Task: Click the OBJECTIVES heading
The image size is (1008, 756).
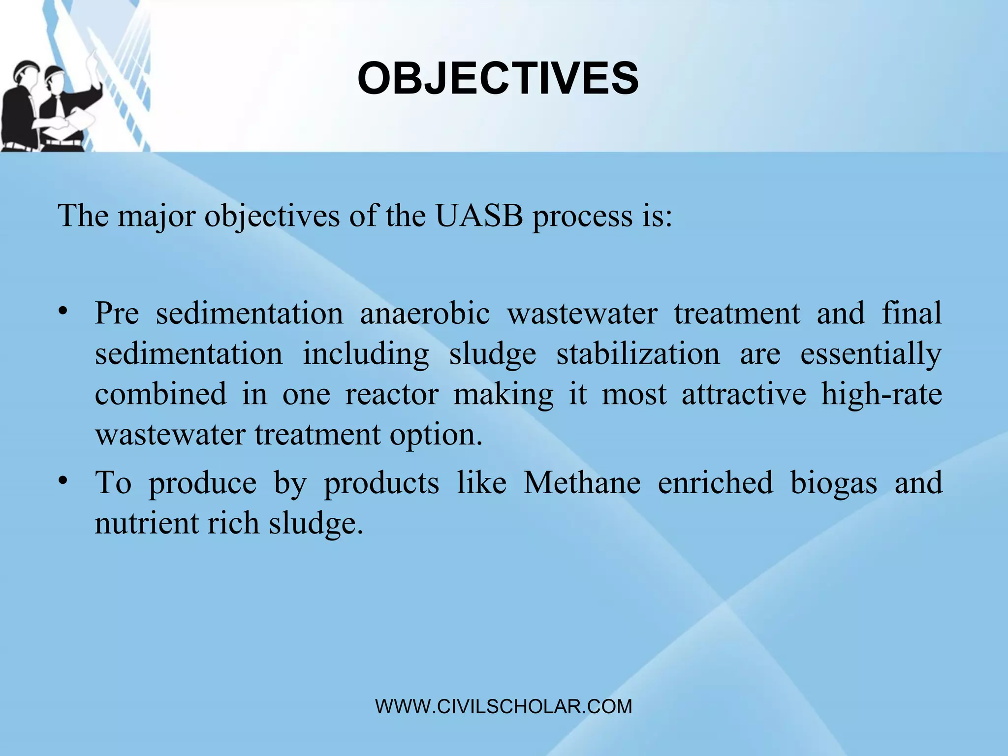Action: [498, 79]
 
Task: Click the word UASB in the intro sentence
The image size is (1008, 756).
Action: [478, 216]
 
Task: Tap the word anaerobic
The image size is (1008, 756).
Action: [425, 313]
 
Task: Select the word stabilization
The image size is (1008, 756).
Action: [638, 353]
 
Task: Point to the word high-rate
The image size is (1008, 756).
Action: [881, 394]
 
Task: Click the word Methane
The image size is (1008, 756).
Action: [582, 482]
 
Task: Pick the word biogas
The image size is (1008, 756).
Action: [834, 483]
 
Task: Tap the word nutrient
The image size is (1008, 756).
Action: [146, 523]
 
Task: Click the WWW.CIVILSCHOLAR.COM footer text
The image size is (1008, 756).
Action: [504, 707]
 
